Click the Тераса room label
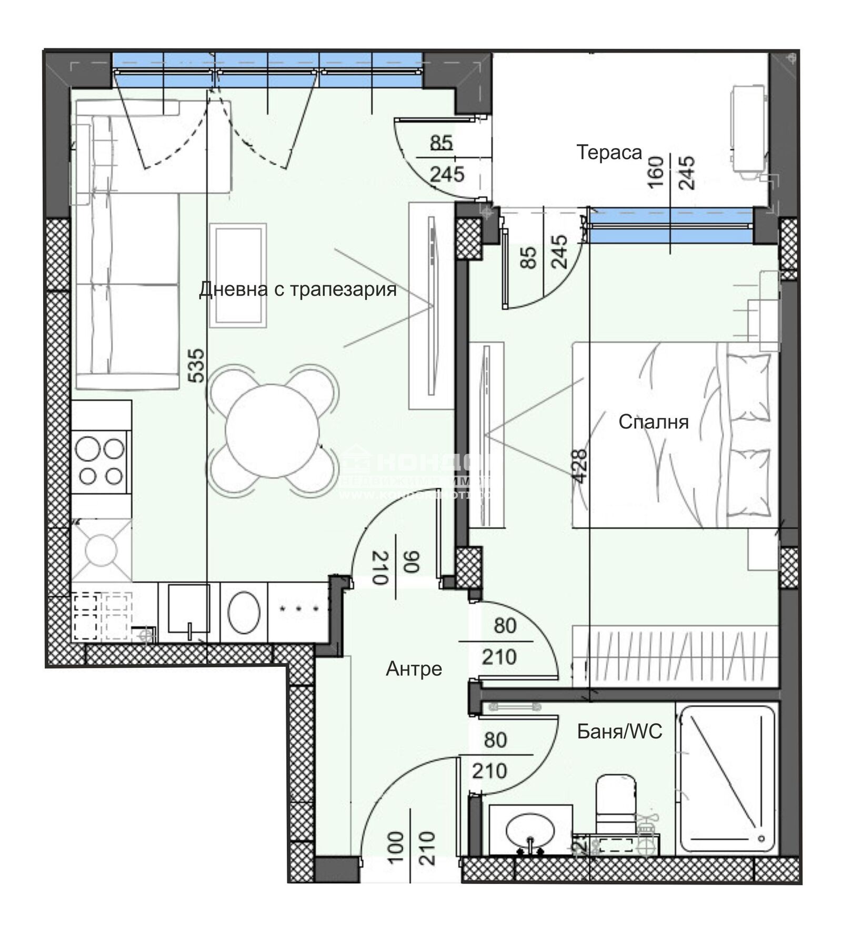tap(609, 153)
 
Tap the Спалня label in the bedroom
tap(653, 422)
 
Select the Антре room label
tap(414, 669)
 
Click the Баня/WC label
tap(619, 731)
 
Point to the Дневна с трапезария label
tap(298, 289)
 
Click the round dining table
tap(272, 431)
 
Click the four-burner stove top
tap(100, 462)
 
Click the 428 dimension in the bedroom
tap(579, 466)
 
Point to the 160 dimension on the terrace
tap(655, 172)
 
